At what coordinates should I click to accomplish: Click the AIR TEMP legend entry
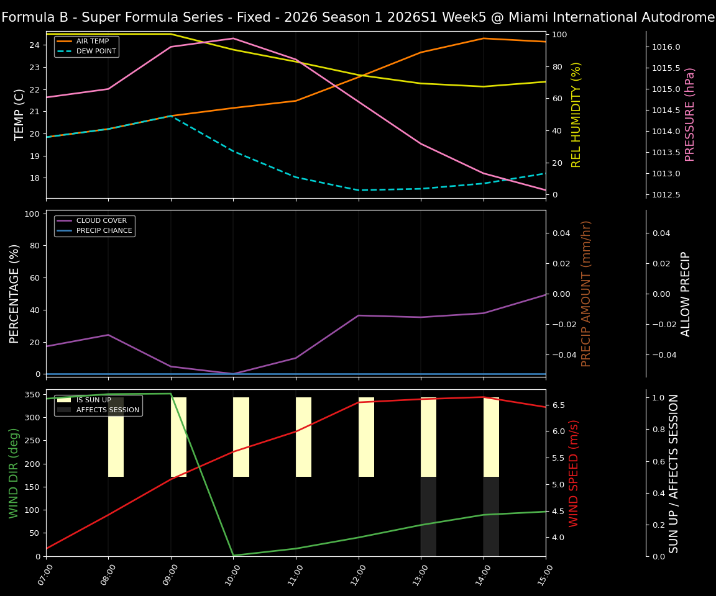click(92, 41)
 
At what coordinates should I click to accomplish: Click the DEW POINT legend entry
click(96, 51)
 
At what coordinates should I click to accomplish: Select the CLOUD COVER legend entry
click(101, 220)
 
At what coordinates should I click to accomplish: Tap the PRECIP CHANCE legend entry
click(104, 230)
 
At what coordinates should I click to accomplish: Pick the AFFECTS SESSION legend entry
click(108, 410)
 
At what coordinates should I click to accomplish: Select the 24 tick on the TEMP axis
click(35, 45)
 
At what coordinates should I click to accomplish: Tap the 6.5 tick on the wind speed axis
click(559, 405)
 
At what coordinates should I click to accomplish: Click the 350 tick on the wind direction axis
click(32, 394)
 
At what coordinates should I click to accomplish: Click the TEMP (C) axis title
click(20, 114)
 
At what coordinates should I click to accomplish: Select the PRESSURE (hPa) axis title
click(690, 114)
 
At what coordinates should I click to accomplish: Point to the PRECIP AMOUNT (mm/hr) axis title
click(586, 293)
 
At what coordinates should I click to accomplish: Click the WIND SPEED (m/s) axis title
click(574, 473)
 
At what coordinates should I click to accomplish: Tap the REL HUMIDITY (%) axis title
click(576, 114)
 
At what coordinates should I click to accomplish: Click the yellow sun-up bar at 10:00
click(241, 437)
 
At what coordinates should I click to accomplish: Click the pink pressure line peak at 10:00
click(234, 38)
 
